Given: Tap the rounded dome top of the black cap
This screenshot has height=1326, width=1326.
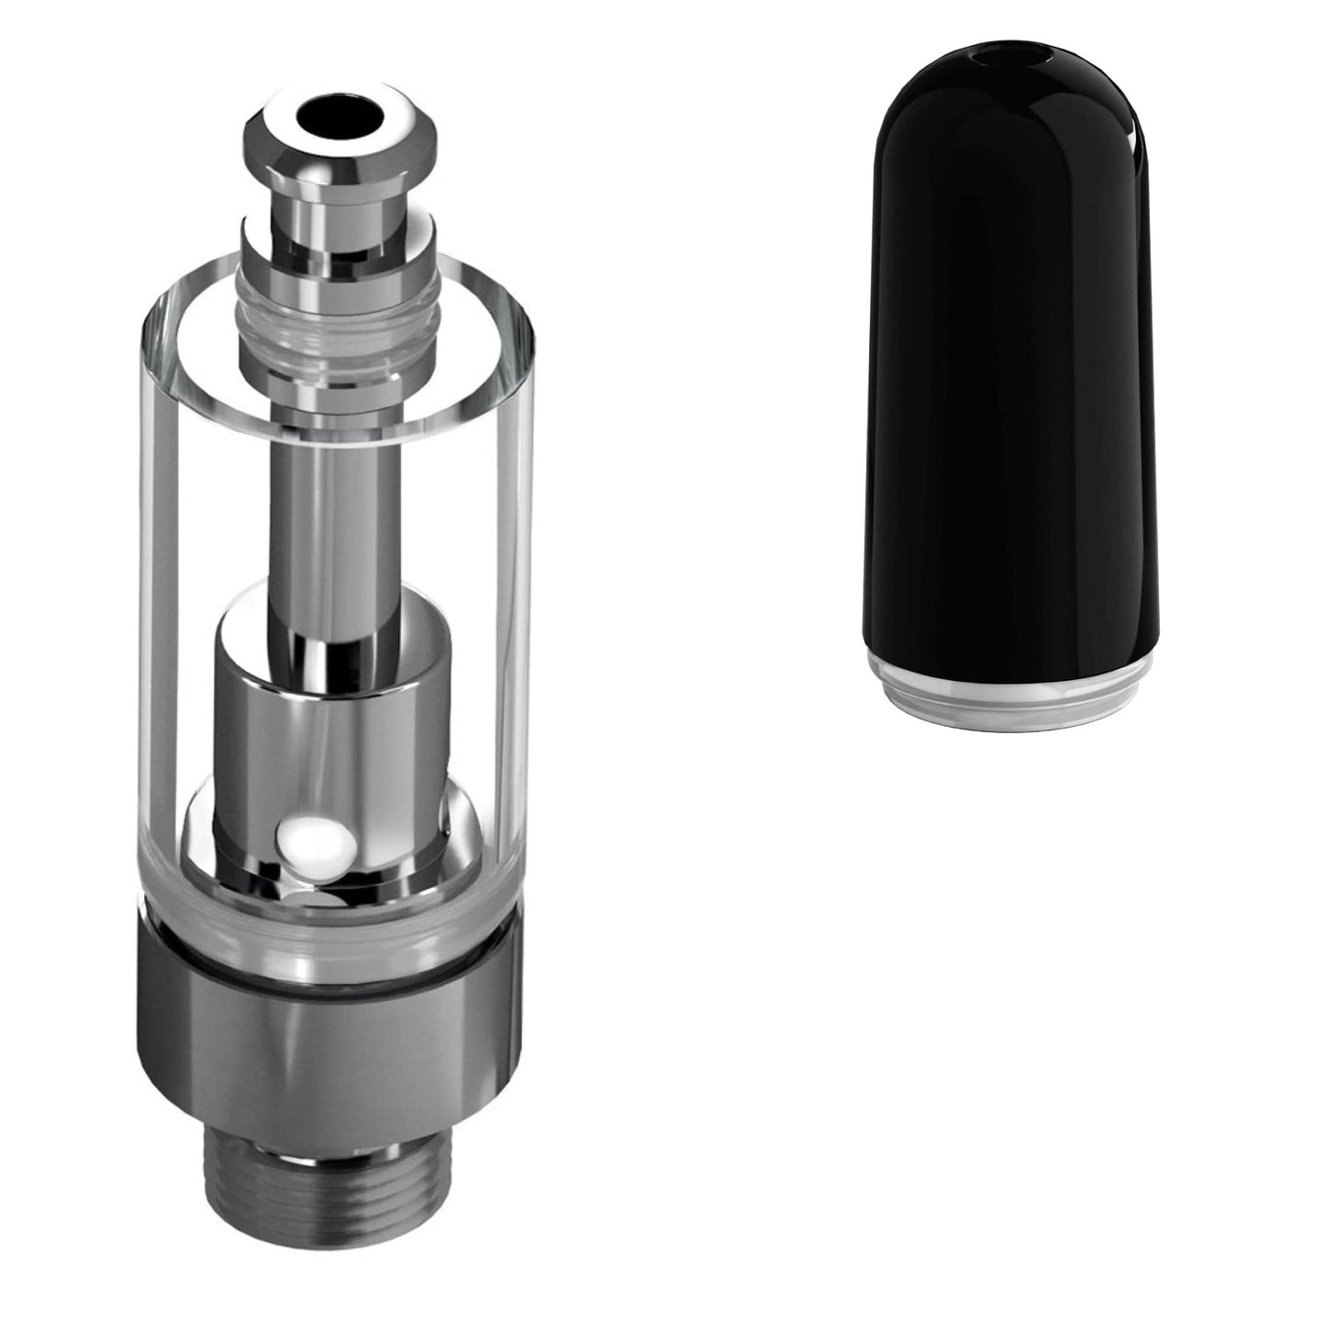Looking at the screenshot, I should click(x=1009, y=101).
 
